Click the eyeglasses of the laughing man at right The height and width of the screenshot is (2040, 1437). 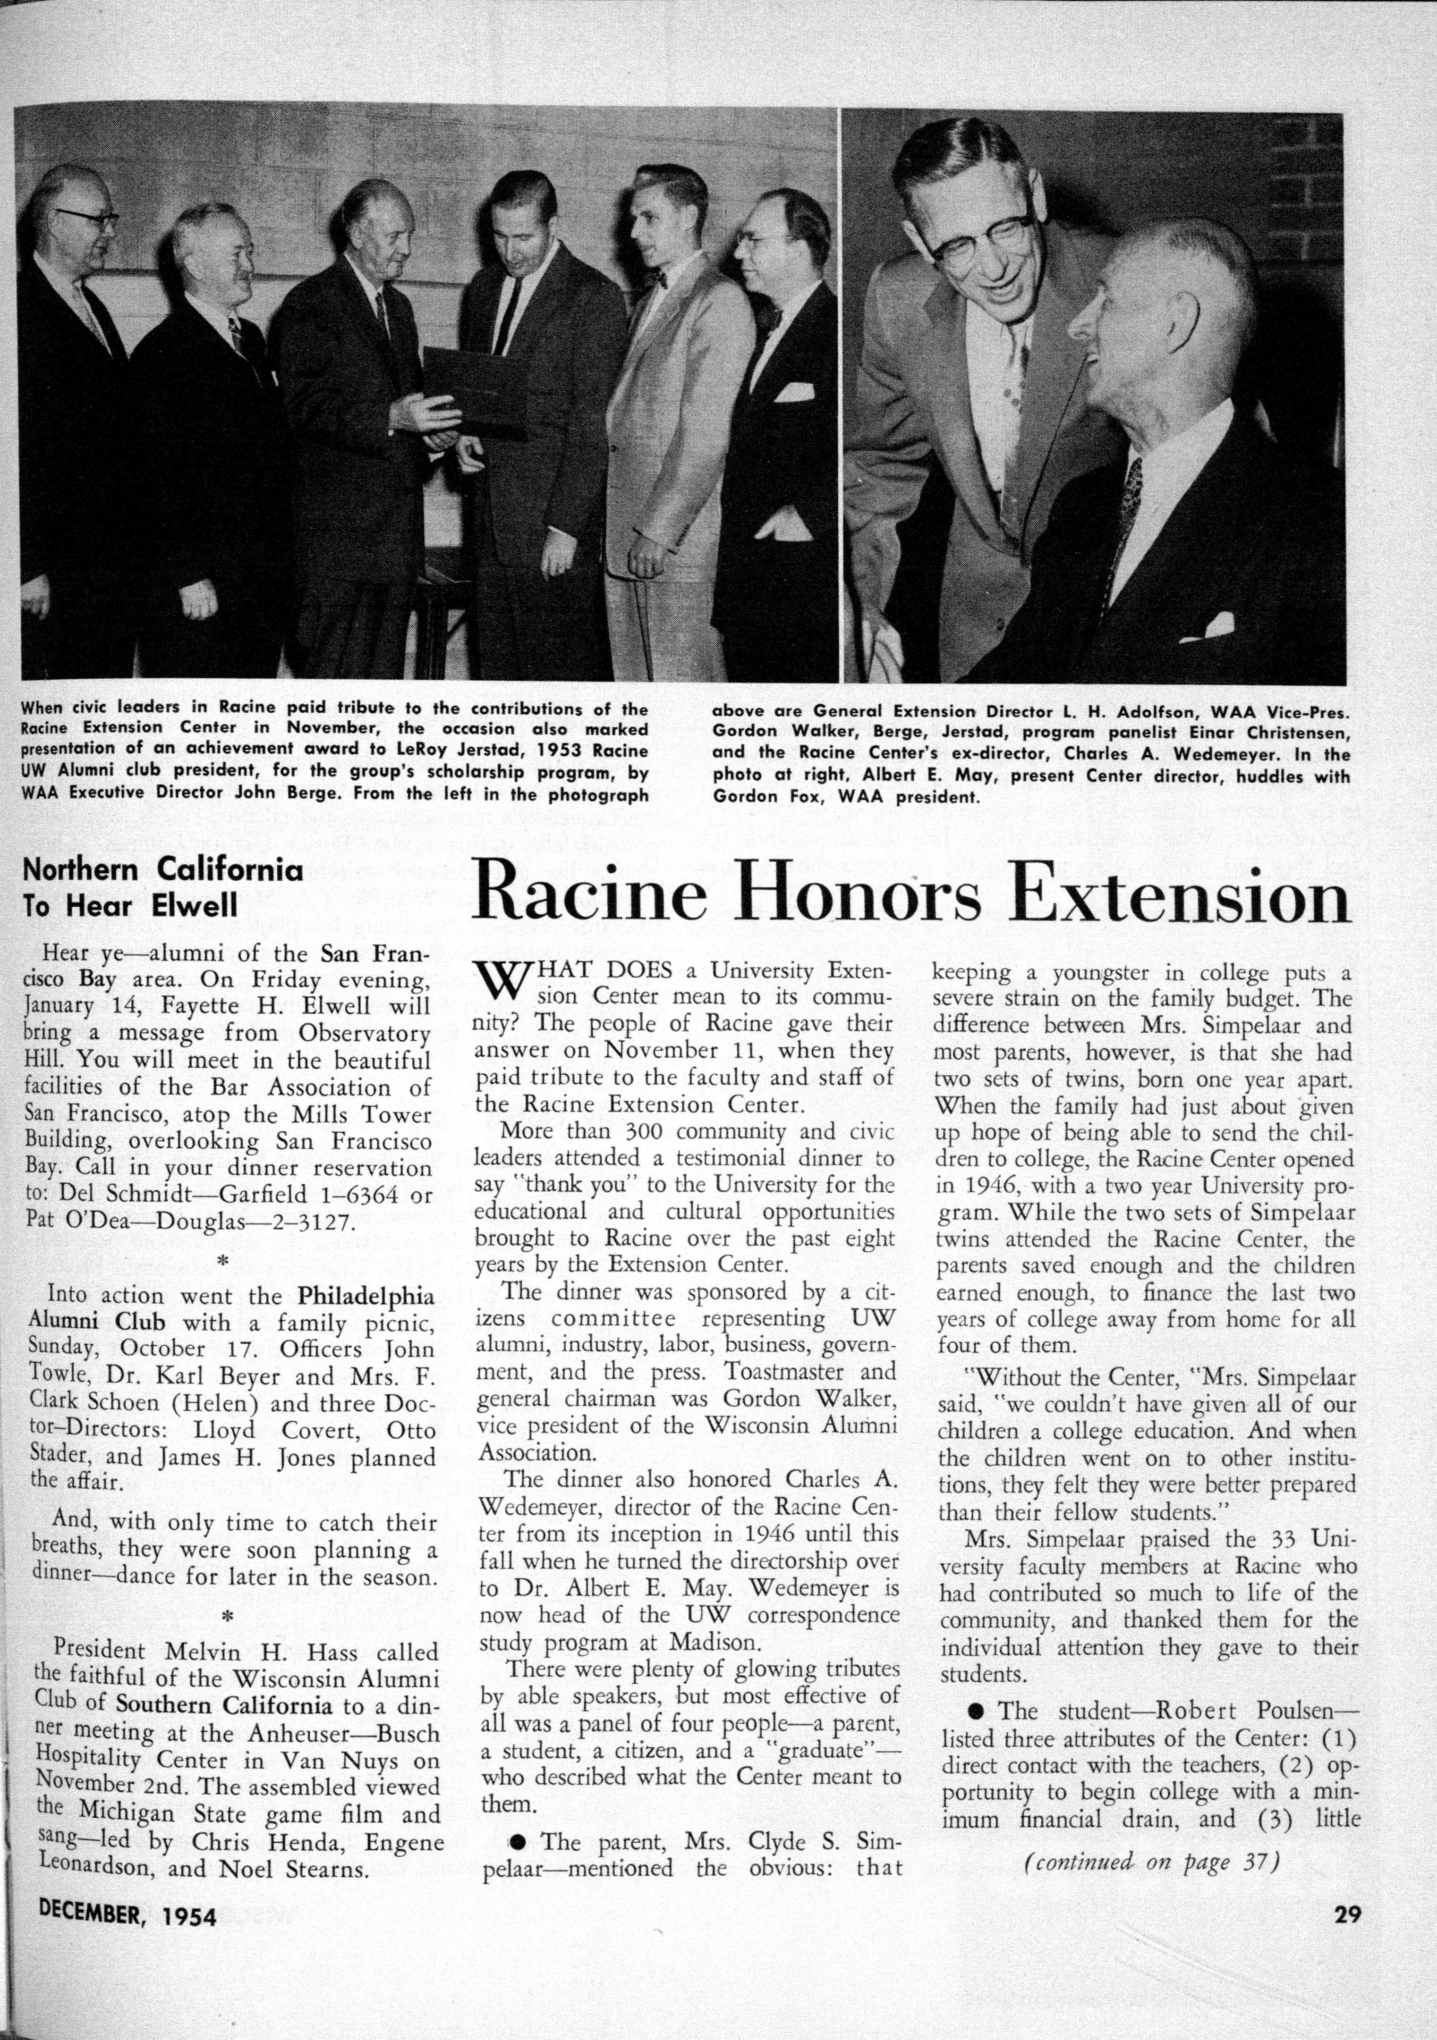pos(981,238)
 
